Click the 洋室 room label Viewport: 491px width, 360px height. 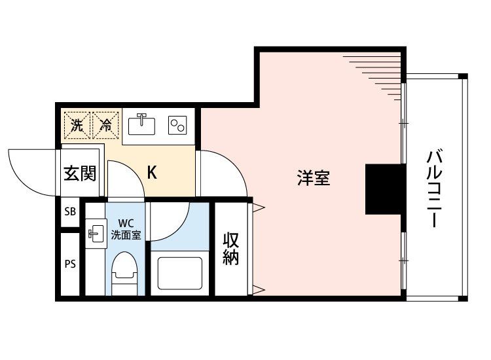coord(313,178)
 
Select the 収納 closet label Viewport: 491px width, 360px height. coord(230,249)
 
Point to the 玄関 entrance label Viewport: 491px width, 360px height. coord(80,173)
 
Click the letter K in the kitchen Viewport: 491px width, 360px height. coord(151,173)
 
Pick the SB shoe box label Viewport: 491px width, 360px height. coord(69,213)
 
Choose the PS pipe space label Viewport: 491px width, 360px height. coord(69,264)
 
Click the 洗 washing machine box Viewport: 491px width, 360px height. coord(77,125)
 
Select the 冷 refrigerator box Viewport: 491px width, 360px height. coord(105,125)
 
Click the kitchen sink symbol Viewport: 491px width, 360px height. coord(141,124)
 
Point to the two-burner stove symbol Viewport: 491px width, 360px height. coord(177,124)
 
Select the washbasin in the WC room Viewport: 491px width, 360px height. coord(95,234)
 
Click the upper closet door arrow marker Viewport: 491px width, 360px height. coord(259,208)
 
